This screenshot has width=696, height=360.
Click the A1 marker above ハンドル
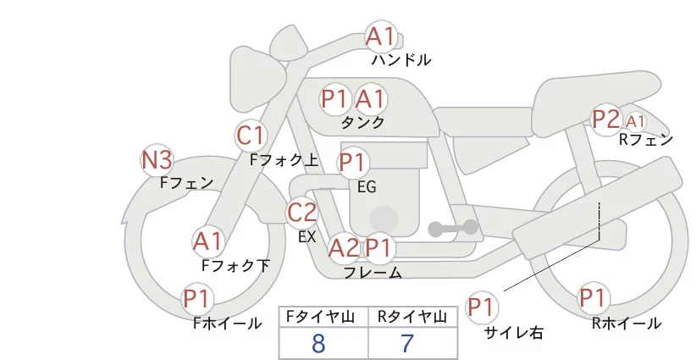pyautogui.click(x=381, y=36)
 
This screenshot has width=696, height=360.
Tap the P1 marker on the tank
pyautogui.click(x=335, y=99)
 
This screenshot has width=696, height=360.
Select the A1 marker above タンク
pyautogui.click(x=370, y=99)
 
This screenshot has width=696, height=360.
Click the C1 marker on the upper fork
pyautogui.click(x=251, y=135)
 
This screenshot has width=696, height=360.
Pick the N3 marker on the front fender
pyautogui.click(x=157, y=159)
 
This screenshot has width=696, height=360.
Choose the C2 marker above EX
pyautogui.click(x=302, y=212)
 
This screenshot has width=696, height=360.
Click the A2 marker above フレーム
pyautogui.click(x=344, y=248)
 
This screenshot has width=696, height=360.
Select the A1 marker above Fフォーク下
pyautogui.click(x=207, y=242)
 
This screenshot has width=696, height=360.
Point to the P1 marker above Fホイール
pyautogui.click(x=200, y=299)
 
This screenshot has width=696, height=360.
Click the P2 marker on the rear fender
pyautogui.click(x=606, y=120)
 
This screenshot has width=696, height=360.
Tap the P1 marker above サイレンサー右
pyautogui.click(x=483, y=307)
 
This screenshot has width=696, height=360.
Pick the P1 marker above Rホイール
pyautogui.click(x=593, y=299)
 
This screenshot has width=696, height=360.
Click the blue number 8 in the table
pyautogui.click(x=318, y=343)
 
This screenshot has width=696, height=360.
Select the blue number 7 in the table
pyautogui.click(x=407, y=343)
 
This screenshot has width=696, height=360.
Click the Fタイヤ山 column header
pyautogui.click(x=323, y=317)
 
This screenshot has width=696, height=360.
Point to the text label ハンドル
pyautogui.click(x=401, y=60)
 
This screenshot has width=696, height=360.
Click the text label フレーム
pyautogui.click(x=373, y=273)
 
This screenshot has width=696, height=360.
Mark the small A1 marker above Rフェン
pyautogui.click(x=636, y=121)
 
